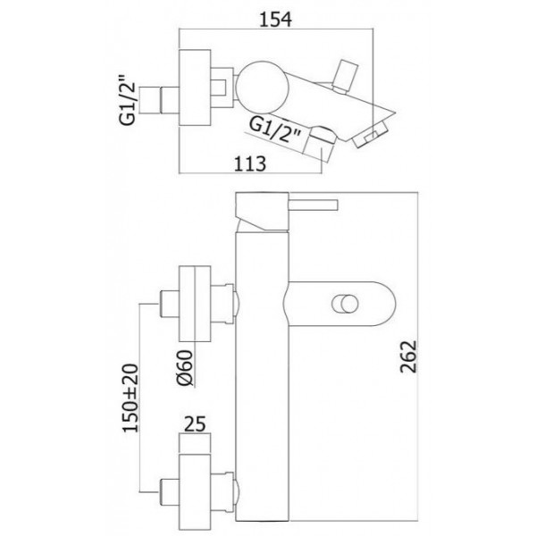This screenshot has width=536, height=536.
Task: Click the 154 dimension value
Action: [x=275, y=20]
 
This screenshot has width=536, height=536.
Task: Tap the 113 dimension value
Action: [x=249, y=163]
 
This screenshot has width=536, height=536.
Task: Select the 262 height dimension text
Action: [x=409, y=356]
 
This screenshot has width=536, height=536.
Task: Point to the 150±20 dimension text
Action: [x=131, y=398]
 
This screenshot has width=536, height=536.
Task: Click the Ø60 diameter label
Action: [x=186, y=368]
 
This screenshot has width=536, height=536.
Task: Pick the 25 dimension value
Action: [x=195, y=423]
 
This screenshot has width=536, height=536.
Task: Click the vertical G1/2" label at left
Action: [x=128, y=104]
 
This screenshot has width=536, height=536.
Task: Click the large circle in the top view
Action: [x=263, y=87]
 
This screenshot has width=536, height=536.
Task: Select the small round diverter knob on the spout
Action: [x=345, y=304]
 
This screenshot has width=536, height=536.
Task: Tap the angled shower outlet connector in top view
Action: [x=321, y=144]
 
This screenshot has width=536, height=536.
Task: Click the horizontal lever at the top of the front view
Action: [x=314, y=205]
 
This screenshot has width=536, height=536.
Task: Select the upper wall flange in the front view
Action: [x=195, y=304]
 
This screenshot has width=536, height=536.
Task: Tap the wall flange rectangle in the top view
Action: [x=195, y=88]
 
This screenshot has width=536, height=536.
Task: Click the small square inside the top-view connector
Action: [x=218, y=88]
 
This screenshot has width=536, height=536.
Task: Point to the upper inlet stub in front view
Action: [x=169, y=304]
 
